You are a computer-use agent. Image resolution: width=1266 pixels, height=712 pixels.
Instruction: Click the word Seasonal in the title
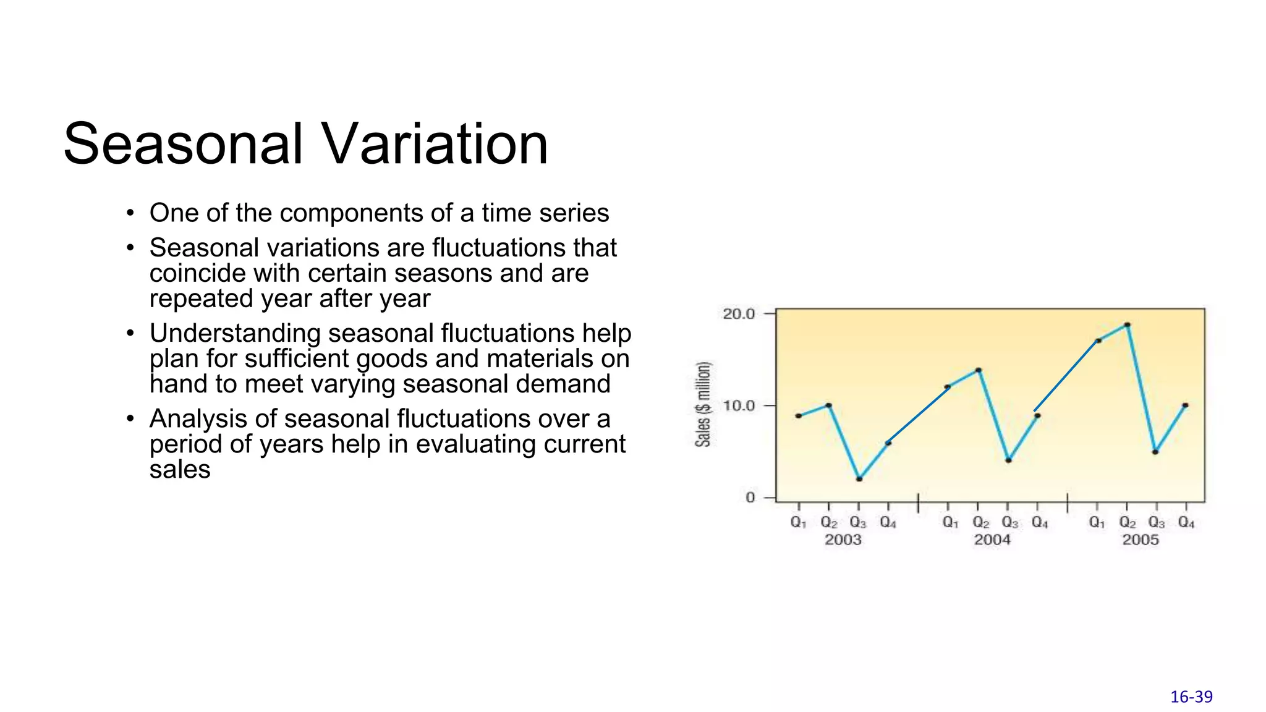pos(184,144)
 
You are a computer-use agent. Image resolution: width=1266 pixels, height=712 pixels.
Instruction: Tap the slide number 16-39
pos(1191,697)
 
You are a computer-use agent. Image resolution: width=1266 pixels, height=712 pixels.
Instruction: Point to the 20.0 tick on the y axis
pos(739,314)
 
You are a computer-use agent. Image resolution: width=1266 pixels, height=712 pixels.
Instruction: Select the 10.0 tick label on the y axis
pos(739,406)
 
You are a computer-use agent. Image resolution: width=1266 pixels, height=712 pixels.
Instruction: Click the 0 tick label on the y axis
pos(750,498)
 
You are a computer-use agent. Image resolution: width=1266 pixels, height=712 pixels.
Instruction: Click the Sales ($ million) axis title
pos(703,404)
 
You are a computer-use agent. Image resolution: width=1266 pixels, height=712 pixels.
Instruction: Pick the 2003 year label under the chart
pos(843,540)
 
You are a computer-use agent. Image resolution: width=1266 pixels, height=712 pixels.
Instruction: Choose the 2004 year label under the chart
pos(992,540)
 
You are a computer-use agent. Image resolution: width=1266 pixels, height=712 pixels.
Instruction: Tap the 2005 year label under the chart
pos(1141,540)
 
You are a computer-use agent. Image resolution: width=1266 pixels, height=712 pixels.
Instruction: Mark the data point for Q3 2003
pos(859,479)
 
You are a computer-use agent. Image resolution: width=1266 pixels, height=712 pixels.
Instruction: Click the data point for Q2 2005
pos(1127,324)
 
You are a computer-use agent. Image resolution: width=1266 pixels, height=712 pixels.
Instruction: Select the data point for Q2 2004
pos(978,370)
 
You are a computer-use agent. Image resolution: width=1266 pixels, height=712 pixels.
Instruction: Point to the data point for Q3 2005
pos(1155,452)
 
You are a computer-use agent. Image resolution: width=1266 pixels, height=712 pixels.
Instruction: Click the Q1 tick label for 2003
pos(798,523)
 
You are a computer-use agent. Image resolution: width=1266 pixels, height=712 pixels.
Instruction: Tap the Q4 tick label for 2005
pos(1186,523)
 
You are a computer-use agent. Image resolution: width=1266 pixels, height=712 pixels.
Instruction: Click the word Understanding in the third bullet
pos(235,334)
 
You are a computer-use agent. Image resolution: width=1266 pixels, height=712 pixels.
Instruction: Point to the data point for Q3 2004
pos(1008,460)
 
